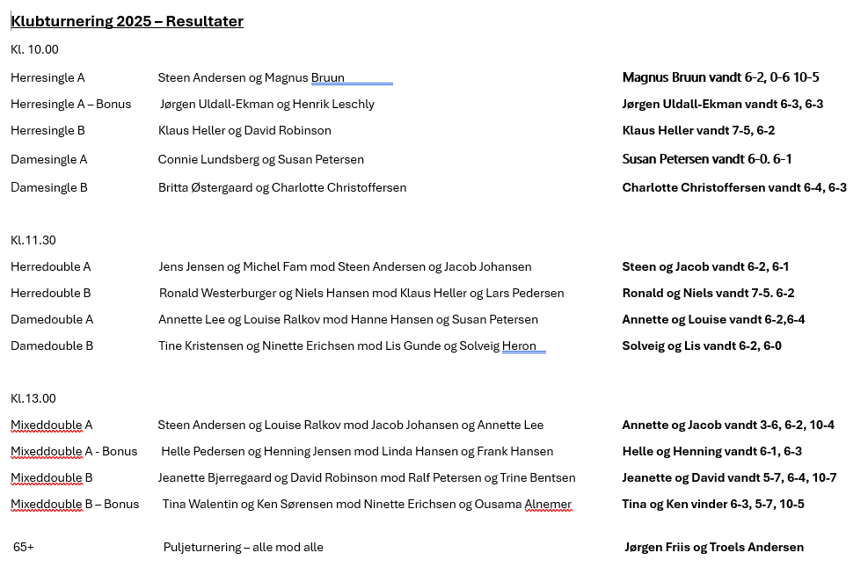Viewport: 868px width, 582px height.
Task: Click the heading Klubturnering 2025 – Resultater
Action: tap(127, 21)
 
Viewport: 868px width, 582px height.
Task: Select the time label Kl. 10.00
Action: tap(34, 50)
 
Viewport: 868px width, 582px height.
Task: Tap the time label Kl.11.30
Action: tap(33, 240)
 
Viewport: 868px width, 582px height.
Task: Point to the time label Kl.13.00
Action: tap(33, 398)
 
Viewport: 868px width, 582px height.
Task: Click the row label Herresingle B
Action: tap(47, 131)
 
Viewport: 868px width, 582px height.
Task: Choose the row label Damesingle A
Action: tap(48, 160)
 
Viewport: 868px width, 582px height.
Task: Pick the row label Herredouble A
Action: tap(51, 266)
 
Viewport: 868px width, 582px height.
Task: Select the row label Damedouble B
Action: tap(52, 346)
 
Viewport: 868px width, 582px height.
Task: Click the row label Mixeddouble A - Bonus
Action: tap(74, 451)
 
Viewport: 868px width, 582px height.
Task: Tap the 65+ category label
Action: tap(24, 547)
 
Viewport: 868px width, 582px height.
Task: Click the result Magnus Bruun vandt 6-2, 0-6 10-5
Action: tap(720, 77)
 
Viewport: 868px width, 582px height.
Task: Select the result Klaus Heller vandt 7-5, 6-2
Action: tap(698, 131)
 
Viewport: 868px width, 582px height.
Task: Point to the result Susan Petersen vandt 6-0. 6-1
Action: tap(707, 159)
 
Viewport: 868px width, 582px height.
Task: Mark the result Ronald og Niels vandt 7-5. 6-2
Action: tap(708, 293)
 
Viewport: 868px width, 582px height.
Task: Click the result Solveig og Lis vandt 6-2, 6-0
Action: tap(702, 346)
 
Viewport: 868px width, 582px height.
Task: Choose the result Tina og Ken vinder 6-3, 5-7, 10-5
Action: tap(712, 504)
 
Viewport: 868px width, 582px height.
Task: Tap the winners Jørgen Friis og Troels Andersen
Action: tap(713, 547)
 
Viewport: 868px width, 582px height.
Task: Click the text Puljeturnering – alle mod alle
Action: tap(243, 547)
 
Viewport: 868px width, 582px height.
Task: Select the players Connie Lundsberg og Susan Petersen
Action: tap(260, 160)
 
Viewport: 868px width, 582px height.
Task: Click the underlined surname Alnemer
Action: tap(548, 504)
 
